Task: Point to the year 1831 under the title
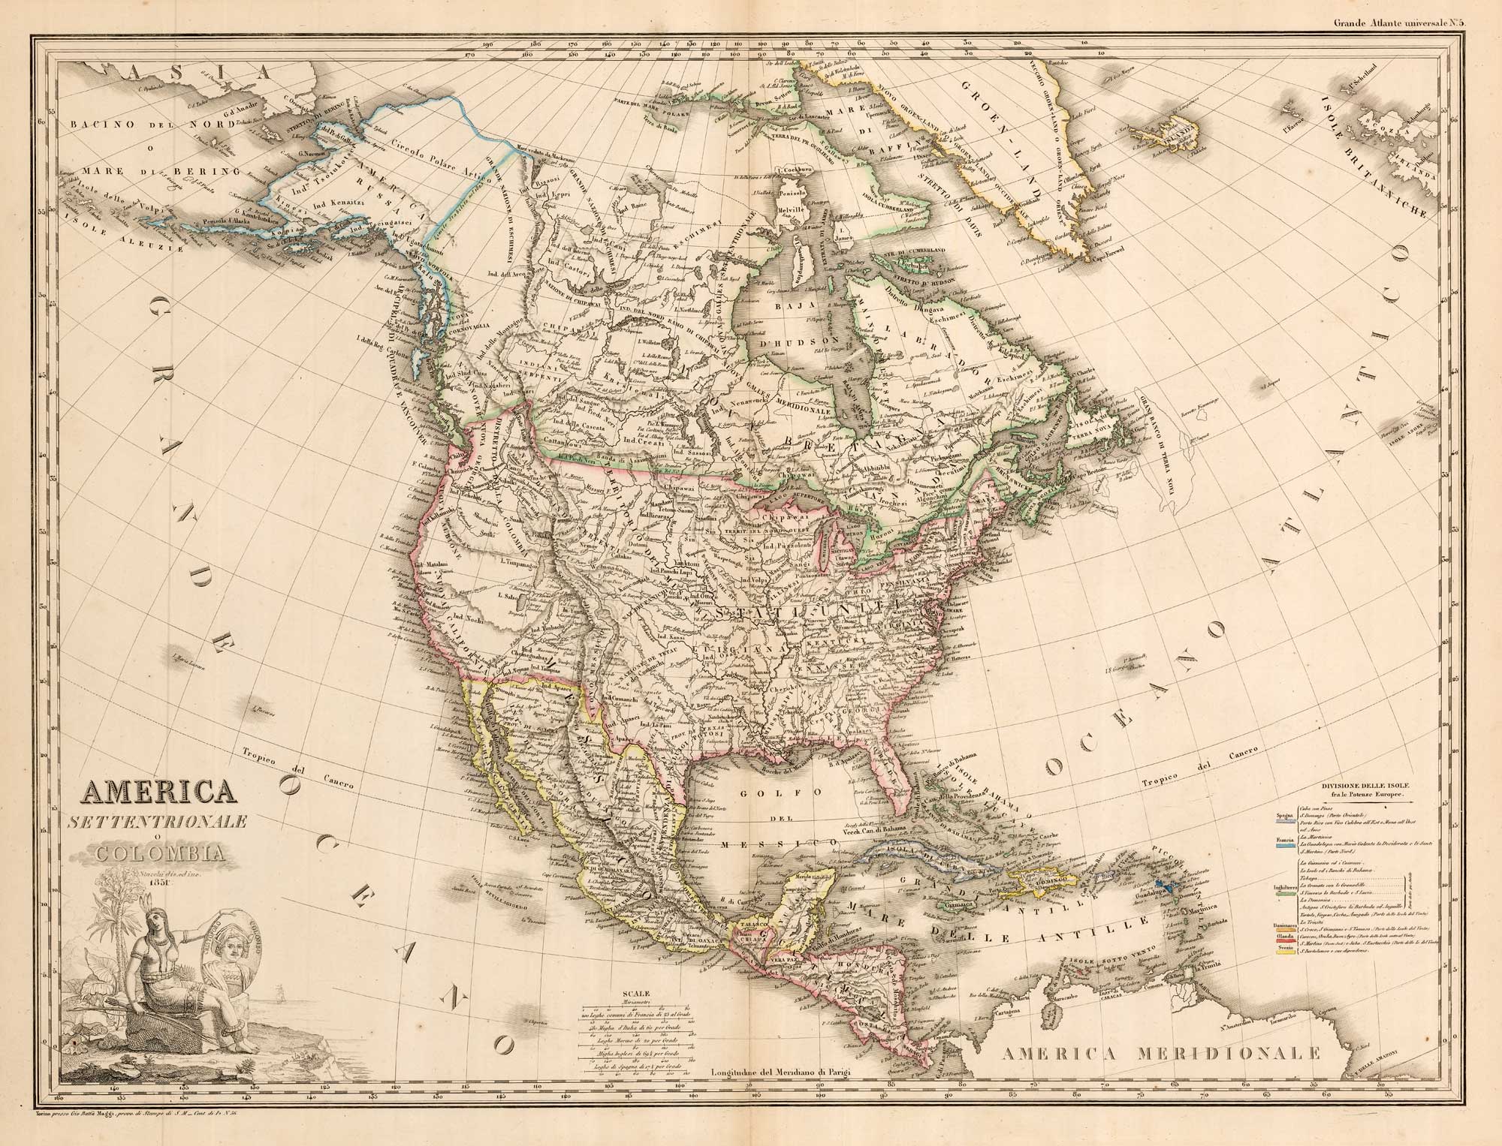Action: click(x=155, y=882)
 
